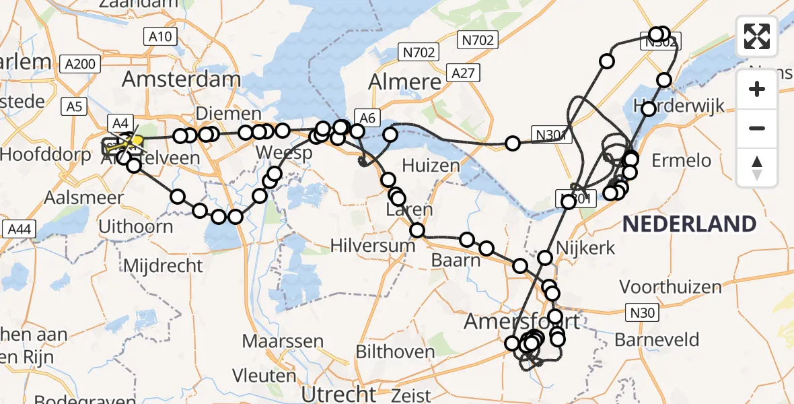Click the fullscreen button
coord(757,36)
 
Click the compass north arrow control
coord(757,168)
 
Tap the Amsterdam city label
coord(181,79)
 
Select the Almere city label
coord(405,82)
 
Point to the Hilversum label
coord(373,245)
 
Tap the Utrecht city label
coord(338,393)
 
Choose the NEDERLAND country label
coord(689,224)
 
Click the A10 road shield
coord(160,37)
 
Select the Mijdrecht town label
coord(161,265)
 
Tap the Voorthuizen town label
coord(670,287)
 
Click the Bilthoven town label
coord(395,351)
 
